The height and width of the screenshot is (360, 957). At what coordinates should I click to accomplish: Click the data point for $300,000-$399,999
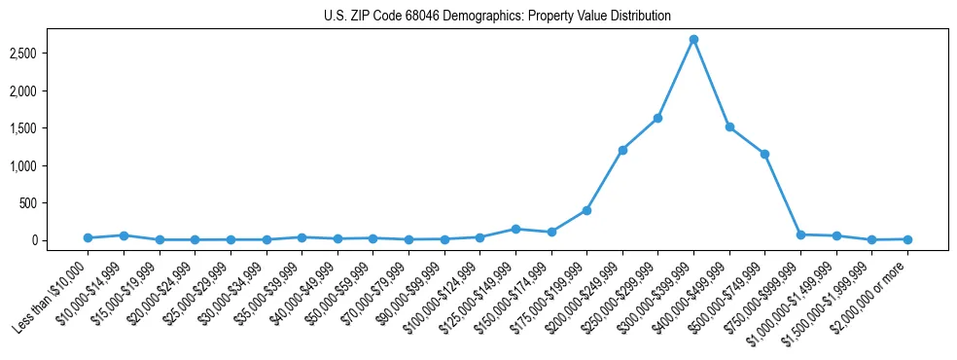693,40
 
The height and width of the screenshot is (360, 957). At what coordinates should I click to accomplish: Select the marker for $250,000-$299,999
657,118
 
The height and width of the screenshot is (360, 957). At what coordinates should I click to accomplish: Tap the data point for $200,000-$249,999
622,150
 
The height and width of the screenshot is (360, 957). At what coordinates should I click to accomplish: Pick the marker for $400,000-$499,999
729,127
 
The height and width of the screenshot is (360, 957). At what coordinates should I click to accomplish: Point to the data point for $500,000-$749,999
764,154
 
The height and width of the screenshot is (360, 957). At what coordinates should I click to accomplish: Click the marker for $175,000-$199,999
586,210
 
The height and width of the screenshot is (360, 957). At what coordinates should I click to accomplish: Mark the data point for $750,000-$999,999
800,234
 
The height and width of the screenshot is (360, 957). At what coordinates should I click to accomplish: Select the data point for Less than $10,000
88,237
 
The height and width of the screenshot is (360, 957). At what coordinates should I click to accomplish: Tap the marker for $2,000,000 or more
907,239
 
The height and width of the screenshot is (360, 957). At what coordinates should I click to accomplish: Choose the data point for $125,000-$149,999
515,229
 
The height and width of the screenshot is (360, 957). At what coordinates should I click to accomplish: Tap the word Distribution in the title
638,17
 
